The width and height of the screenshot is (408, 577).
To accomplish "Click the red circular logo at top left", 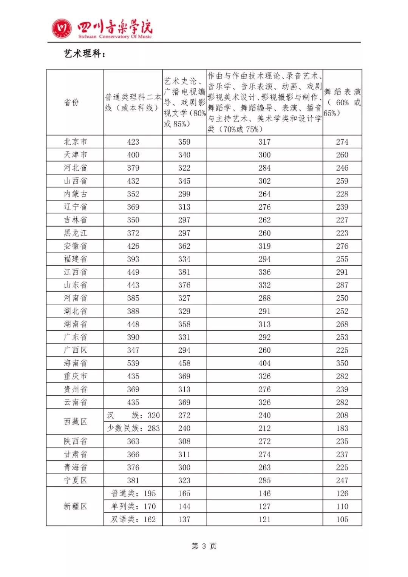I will click(62, 28).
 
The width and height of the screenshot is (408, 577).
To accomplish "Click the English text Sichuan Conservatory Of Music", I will click(115, 37).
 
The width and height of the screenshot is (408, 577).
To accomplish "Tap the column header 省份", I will click(71, 102).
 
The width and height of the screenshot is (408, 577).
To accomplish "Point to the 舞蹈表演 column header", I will click(342, 102).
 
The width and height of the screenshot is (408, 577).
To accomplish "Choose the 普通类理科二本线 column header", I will click(133, 102).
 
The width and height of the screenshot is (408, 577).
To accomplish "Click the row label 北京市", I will click(75, 142).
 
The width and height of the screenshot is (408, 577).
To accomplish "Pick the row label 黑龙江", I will click(75, 233).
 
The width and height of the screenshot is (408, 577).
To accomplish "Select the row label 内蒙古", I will click(75, 194).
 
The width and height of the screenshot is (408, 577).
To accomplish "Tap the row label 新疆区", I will click(75, 506).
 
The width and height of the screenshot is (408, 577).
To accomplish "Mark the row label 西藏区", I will click(75, 421).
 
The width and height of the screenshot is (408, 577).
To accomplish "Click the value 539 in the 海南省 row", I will click(133, 363).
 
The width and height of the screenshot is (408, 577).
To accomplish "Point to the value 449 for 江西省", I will click(133, 272).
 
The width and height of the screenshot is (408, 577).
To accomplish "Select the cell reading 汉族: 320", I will click(133, 415).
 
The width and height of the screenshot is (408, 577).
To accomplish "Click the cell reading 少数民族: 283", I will click(133, 428).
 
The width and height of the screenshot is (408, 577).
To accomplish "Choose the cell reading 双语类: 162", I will click(133, 520).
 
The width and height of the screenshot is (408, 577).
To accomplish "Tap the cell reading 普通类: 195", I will click(133, 494).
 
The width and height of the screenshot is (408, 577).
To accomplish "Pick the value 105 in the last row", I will click(342, 520).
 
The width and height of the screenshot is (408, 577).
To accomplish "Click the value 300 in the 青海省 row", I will click(184, 467).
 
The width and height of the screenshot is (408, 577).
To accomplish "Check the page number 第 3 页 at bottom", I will click(204, 546).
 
